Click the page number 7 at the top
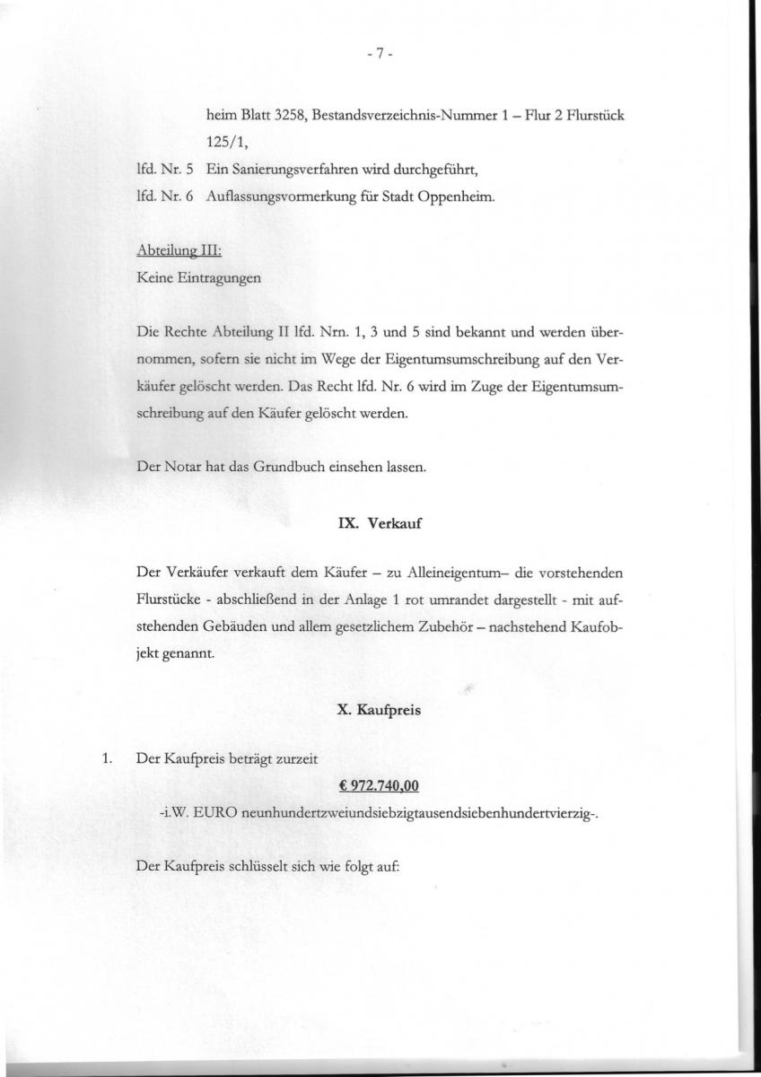380,54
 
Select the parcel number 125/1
226,143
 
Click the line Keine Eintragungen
198,278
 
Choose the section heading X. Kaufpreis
380,709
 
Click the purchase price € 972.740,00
380,787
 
